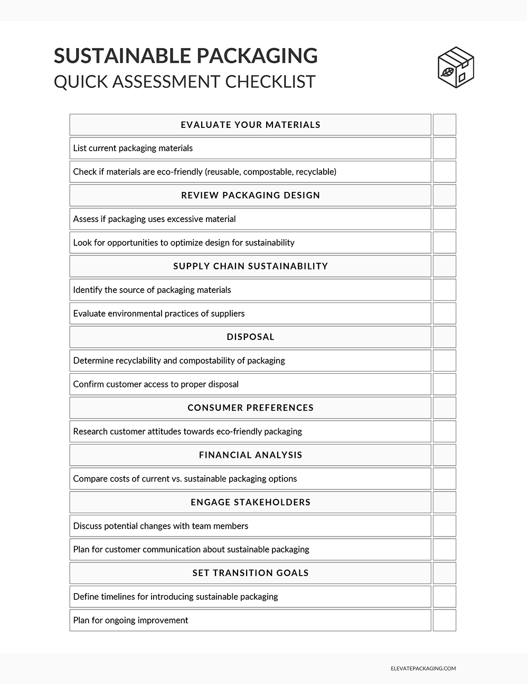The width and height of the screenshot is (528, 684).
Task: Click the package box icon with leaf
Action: coord(456,67)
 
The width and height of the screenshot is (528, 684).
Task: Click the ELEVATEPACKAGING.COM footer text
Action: coord(420,668)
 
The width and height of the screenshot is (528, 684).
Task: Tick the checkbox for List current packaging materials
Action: coord(444,149)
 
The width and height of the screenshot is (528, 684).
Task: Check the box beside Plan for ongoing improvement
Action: coord(444,620)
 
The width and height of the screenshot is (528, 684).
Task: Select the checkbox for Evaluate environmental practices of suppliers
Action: coord(444,313)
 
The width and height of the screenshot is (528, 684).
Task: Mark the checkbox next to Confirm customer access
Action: coord(444,384)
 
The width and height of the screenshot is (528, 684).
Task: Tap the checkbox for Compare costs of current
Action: coord(444,478)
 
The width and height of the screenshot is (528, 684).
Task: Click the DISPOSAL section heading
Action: coord(250,337)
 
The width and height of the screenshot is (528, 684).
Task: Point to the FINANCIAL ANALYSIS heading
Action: coord(250,455)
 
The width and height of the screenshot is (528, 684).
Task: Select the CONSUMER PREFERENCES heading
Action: coord(250,408)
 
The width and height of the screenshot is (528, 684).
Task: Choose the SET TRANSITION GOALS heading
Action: coord(250,572)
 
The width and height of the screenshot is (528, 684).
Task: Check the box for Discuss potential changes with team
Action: coord(444,526)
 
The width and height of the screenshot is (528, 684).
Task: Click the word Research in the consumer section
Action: coord(90,431)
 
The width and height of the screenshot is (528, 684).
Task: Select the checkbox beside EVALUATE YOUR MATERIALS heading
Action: coord(444,125)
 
